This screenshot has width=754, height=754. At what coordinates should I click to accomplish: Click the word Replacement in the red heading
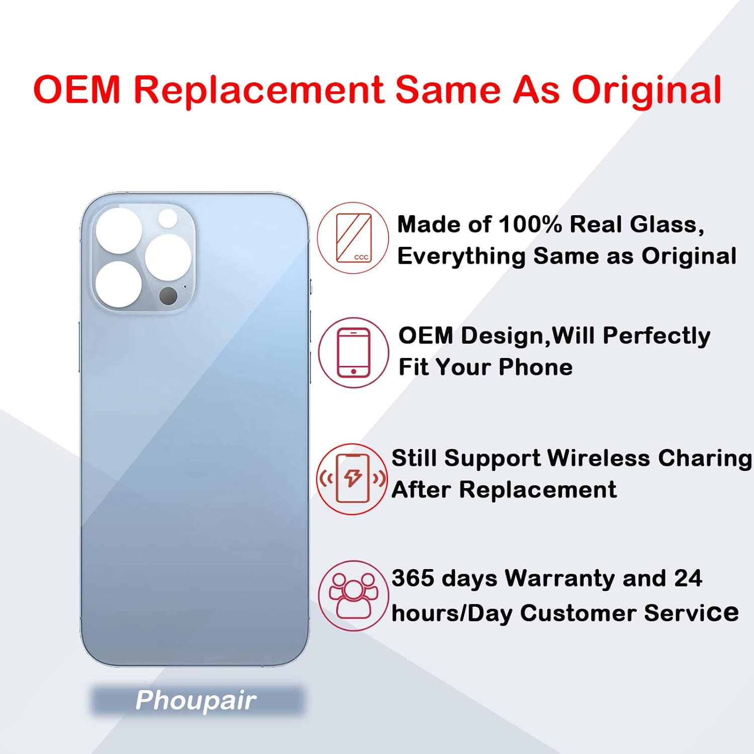(x=259, y=90)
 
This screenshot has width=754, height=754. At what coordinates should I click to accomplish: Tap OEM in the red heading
(x=77, y=90)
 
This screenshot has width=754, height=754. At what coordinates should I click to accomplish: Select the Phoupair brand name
(x=196, y=700)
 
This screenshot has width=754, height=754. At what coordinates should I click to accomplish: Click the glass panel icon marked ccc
(x=353, y=238)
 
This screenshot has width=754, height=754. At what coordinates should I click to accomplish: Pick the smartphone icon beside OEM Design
(x=353, y=352)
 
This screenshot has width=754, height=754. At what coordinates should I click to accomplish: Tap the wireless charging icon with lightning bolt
(x=352, y=479)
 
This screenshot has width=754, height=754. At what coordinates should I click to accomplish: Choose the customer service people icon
(x=353, y=596)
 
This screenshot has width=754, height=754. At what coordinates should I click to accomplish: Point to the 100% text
(x=530, y=224)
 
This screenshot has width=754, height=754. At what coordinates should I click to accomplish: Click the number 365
(x=413, y=578)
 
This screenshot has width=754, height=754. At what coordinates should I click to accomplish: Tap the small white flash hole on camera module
(x=167, y=218)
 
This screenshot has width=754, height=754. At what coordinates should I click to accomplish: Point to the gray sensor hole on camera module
(x=168, y=296)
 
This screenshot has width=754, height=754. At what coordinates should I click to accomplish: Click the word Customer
(x=578, y=613)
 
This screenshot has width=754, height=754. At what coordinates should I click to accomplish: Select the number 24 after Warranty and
(x=688, y=578)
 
